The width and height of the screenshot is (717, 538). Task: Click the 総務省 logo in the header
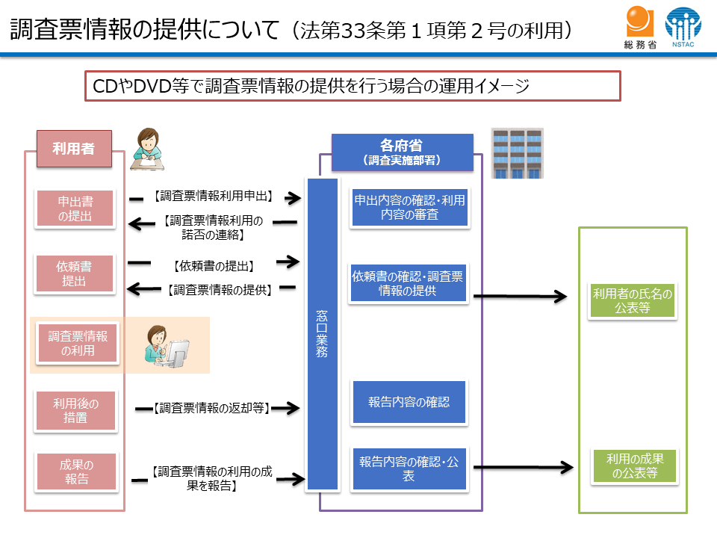(x=640, y=28)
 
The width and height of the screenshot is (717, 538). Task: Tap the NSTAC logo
(x=683, y=28)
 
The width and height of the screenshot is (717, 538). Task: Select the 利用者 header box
(x=73, y=148)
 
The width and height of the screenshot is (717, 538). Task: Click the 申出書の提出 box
(x=75, y=208)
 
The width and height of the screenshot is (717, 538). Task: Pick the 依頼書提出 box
(x=75, y=273)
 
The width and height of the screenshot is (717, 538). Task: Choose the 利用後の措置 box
(x=75, y=410)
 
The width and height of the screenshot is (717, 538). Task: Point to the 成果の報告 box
(x=75, y=470)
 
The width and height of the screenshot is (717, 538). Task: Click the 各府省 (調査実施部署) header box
(x=402, y=152)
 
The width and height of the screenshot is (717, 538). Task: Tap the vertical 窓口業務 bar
(x=321, y=334)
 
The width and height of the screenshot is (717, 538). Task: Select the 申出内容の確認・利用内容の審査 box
(x=409, y=207)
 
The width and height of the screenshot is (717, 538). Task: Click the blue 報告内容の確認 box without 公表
(x=409, y=402)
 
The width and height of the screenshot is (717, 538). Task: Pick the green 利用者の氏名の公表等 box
(x=633, y=300)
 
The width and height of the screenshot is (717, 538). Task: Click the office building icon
(x=516, y=153)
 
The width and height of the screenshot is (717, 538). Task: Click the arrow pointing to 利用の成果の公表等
(x=523, y=469)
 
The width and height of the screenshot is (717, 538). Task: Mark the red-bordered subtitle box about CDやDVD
(x=353, y=86)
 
